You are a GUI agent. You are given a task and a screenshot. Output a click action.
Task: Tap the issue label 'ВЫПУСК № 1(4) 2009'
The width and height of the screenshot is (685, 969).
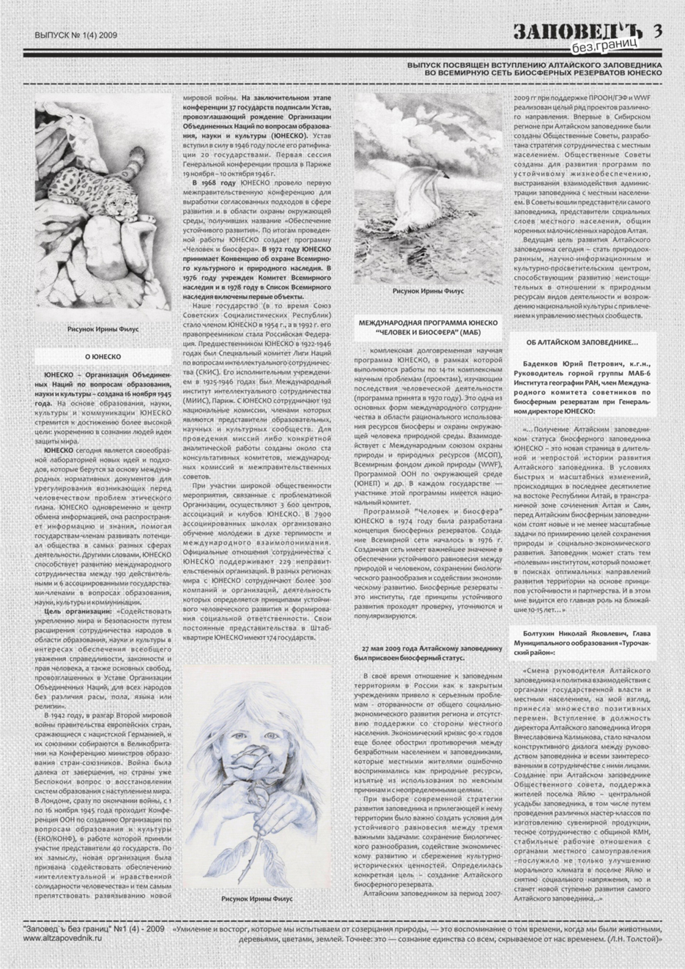(x=76, y=34)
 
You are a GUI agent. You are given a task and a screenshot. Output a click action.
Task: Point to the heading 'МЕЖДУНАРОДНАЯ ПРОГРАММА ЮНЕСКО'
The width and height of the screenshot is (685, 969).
(x=428, y=323)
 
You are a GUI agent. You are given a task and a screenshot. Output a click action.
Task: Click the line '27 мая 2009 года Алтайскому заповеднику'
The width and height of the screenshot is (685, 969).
(x=429, y=649)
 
